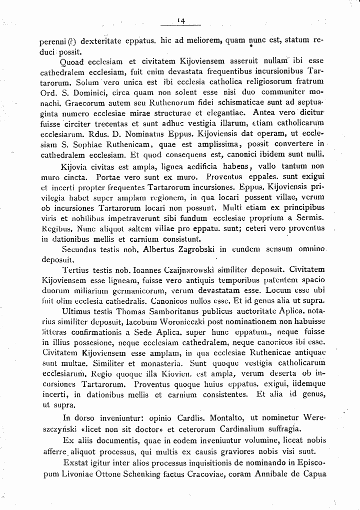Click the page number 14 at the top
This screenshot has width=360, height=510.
coord(180,20)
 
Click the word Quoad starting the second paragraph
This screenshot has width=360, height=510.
coord(73,63)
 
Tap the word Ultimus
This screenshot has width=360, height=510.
coord(78,311)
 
